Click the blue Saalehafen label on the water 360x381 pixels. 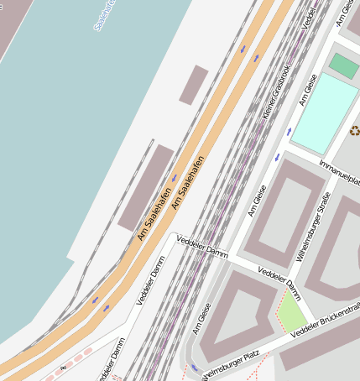(108, 15)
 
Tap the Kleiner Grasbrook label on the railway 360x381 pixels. (278, 90)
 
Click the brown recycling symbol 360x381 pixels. (354, 130)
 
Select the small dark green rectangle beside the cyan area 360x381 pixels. (343, 65)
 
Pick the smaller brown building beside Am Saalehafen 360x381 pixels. (193, 85)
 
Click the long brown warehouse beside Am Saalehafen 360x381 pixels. (146, 187)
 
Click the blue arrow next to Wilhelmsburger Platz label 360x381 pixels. (195, 368)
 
